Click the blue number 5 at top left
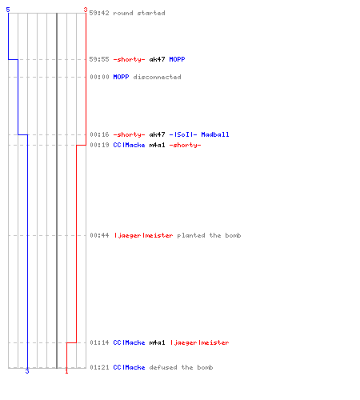pyautogui.click(x=8, y=10)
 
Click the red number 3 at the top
pyautogui.click(x=86, y=10)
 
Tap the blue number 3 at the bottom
pyautogui.click(x=27, y=371)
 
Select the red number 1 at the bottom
pyautogui.click(x=66, y=371)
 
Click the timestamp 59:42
pyautogui.click(x=99, y=13)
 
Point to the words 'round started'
pyautogui.click(x=139, y=13)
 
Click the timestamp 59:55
pyautogui.click(x=99, y=59)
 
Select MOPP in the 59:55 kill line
pyautogui.click(x=177, y=59)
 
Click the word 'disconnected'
pyautogui.click(x=157, y=77)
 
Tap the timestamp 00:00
pyautogui.click(x=99, y=77)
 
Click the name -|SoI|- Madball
pyautogui.click(x=199, y=134)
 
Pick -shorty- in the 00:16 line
pyautogui.click(x=129, y=134)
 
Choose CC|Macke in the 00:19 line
pyautogui.click(x=129, y=145)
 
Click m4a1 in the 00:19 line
pyautogui.click(x=157, y=145)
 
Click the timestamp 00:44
pyautogui.click(x=99, y=235)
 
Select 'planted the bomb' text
pyautogui.click(x=209, y=235)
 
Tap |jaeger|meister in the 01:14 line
pyautogui.click(x=200, y=342)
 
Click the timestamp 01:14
pyautogui.click(x=99, y=342)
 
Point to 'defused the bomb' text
pyautogui.click(x=181, y=367)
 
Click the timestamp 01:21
pyautogui.click(x=99, y=367)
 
